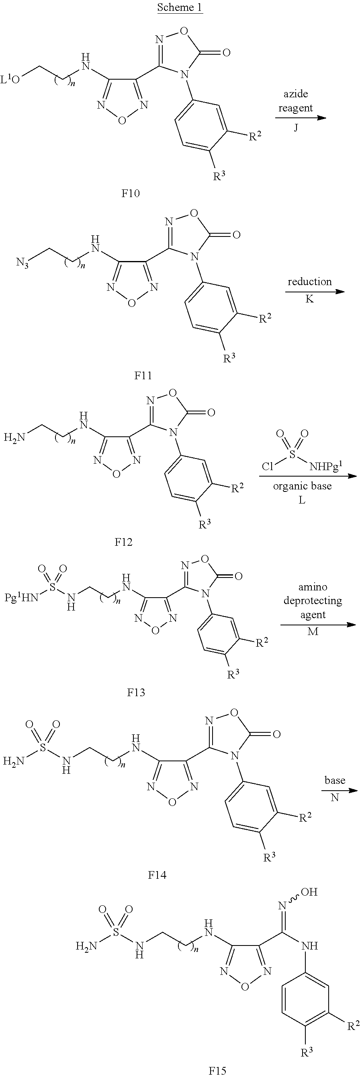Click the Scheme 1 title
pos(180,8)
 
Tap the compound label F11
pos(143,376)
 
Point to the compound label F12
pos(123,542)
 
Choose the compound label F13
pos(136,693)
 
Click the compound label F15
pos(217,1070)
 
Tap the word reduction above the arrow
pos(309,281)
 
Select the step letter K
pos(309,299)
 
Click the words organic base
pos(303,486)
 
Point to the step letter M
pos(313,631)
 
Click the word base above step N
pos(335,780)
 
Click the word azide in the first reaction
pos(296,93)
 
